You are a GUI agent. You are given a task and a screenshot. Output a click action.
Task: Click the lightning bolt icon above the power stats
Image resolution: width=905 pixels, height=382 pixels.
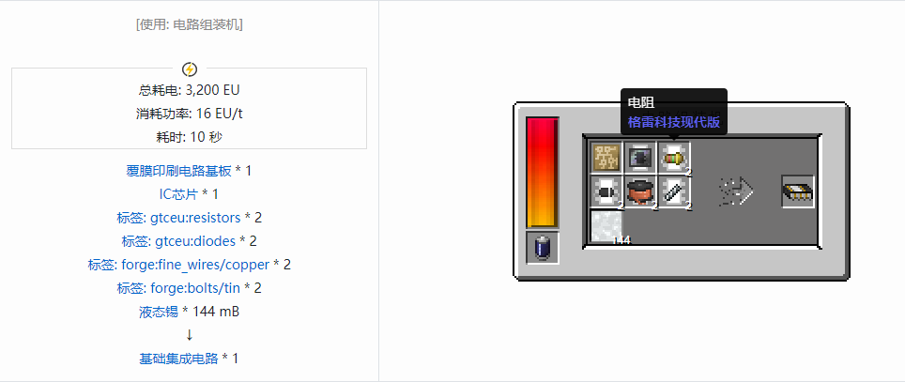click(x=190, y=69)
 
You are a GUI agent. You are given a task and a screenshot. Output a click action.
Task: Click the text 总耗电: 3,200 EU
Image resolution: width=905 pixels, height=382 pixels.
click(x=190, y=91)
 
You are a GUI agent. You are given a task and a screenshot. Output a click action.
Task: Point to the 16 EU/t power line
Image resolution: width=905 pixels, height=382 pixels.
click(x=190, y=114)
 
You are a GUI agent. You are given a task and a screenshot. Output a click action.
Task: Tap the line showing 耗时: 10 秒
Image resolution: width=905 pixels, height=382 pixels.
click(x=190, y=137)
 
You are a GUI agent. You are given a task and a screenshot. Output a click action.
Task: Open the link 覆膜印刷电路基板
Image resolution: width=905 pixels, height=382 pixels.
click(x=179, y=171)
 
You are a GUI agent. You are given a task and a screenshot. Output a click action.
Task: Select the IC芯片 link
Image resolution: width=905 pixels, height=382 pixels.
click(x=178, y=194)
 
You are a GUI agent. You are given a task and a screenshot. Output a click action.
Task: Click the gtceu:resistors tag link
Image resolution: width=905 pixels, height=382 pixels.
click(x=178, y=218)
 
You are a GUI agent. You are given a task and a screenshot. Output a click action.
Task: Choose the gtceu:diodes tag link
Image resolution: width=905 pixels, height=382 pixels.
click(x=178, y=241)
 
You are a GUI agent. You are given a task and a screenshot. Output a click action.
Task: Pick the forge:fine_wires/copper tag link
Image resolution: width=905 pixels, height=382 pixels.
click(x=178, y=265)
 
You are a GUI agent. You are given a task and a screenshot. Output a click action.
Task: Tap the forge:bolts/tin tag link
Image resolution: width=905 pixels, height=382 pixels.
click(x=178, y=288)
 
